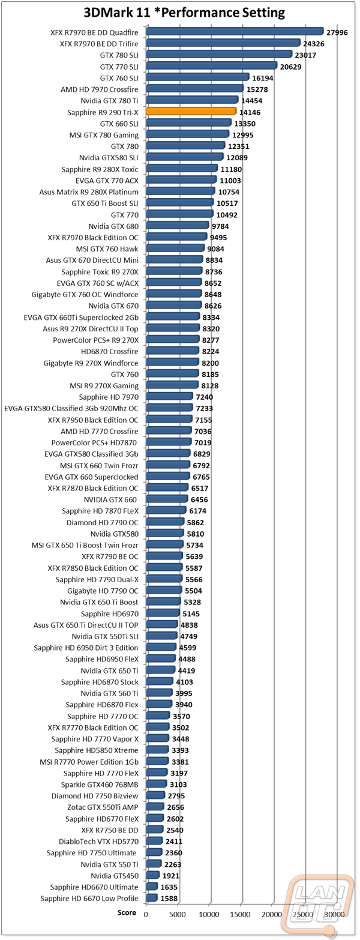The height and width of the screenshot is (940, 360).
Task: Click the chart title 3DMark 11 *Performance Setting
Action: (x=184, y=13)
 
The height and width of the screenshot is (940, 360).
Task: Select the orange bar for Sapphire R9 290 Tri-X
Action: (x=191, y=111)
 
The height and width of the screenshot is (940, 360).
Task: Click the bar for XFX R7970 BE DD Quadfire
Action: (x=235, y=31)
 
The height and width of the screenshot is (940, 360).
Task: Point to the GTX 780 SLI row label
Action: (x=119, y=55)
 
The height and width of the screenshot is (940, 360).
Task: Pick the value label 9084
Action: (x=215, y=249)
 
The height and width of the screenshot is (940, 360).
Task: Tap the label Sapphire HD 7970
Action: (x=109, y=397)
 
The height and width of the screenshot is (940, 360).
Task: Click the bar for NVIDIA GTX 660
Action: (x=167, y=499)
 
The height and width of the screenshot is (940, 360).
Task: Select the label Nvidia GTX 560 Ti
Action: (x=109, y=693)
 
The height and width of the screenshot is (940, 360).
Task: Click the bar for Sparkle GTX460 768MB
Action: (x=157, y=784)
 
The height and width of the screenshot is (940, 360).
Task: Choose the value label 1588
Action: (x=169, y=899)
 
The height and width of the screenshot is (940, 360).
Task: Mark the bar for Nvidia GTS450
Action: (x=153, y=875)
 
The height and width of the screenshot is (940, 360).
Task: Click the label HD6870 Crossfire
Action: (x=110, y=351)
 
